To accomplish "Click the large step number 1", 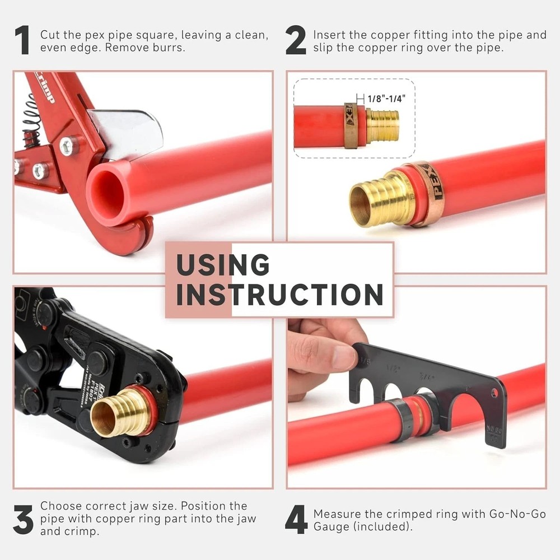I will coord(22,41).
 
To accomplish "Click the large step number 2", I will coord(296,41).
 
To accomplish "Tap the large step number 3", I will coord(23,520).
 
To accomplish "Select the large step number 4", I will coord(296,520).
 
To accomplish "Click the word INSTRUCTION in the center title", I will coord(279,294).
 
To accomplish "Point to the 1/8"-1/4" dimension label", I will coord(387,98).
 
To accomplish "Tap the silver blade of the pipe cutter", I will coord(128,132).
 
